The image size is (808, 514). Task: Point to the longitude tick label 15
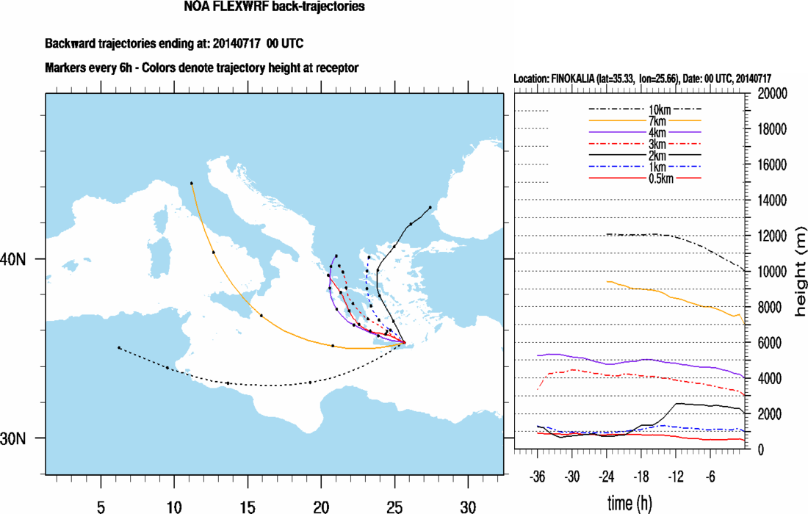248,507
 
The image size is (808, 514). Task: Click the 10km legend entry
646,109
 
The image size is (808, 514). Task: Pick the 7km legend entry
646,120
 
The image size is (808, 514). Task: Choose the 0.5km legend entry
646,178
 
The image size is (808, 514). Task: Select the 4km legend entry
646,132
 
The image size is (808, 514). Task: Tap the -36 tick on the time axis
538,475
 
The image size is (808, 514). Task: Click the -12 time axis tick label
675,475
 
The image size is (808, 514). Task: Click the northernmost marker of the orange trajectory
191,183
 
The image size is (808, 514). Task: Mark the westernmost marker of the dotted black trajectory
119,347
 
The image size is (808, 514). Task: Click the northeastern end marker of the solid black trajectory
430,208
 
